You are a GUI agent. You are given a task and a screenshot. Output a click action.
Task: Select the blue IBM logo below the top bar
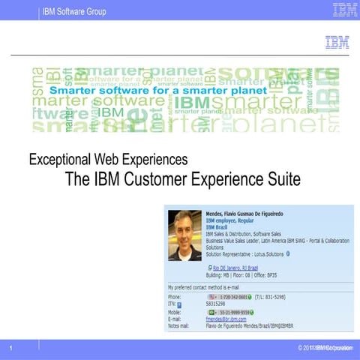point(337,42)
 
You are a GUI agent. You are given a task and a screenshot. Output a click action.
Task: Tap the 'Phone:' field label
point(175,298)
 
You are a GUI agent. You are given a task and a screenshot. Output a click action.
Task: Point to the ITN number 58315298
point(217,305)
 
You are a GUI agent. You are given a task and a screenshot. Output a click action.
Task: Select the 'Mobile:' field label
point(175,312)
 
